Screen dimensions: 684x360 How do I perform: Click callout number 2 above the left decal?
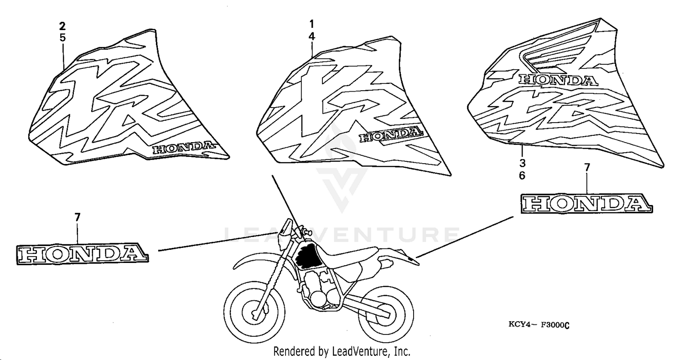[x=62, y=26]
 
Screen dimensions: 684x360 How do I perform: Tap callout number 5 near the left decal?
[x=62, y=38]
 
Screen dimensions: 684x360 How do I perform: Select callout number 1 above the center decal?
[x=311, y=24]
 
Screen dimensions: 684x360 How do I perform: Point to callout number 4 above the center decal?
[x=311, y=36]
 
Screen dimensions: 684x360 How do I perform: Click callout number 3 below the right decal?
[x=522, y=163]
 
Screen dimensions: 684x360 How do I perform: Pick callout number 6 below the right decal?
[x=522, y=176]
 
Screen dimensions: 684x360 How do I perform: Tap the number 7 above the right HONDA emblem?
[x=587, y=168]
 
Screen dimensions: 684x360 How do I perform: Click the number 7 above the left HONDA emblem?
[x=77, y=217]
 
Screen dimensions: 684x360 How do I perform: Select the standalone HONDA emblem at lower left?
[x=83, y=254]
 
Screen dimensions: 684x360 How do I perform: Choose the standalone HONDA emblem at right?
[x=586, y=203]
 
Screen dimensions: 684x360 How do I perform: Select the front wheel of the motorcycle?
[x=254, y=312]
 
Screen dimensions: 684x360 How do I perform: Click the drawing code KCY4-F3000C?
[x=539, y=325]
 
